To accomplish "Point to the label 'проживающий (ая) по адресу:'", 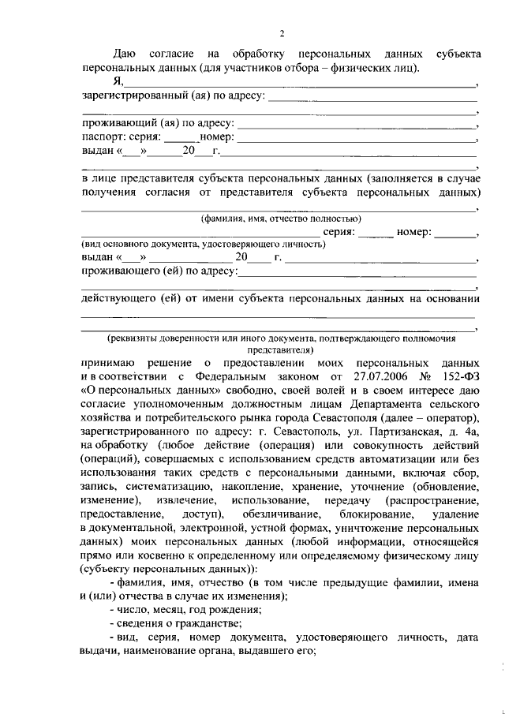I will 158,123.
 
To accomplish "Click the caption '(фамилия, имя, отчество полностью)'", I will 280,219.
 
